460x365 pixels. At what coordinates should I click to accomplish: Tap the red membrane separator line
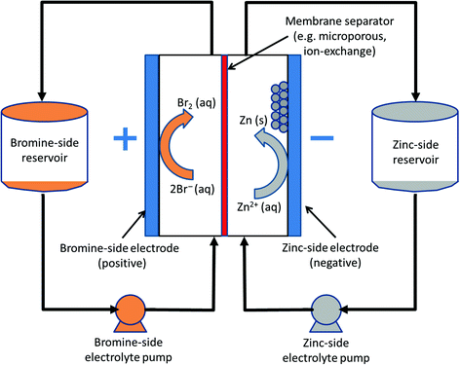225,146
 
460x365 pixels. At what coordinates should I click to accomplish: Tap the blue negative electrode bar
293,146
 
